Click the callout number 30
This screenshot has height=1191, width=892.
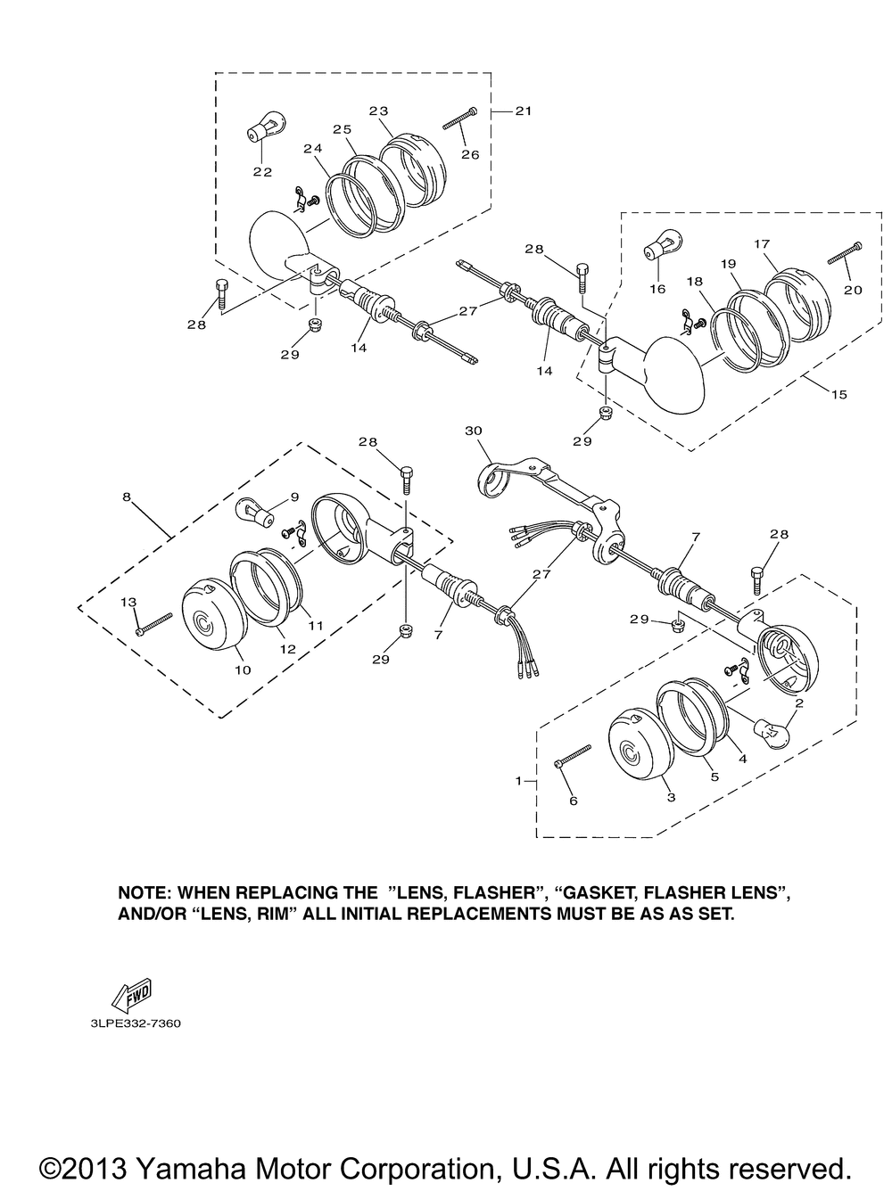[473, 430]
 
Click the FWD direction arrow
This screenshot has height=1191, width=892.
[130, 995]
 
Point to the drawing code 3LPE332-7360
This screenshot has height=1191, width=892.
[135, 1024]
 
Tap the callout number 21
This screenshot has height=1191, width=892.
[523, 111]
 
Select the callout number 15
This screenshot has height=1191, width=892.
[839, 394]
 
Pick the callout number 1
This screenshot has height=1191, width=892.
[518, 781]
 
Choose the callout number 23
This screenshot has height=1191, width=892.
[379, 111]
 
